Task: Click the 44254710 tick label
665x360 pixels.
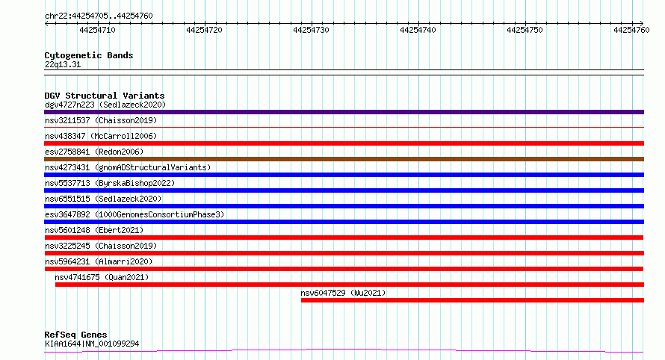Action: (x=97, y=30)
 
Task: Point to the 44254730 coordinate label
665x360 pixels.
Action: (x=311, y=30)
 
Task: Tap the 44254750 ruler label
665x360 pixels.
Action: (x=525, y=30)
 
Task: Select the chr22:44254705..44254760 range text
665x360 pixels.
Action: (x=99, y=16)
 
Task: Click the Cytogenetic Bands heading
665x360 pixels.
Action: (x=89, y=55)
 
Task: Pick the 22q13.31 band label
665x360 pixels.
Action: (x=63, y=64)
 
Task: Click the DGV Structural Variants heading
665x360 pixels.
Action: (x=105, y=96)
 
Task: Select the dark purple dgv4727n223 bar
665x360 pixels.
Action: (x=344, y=112)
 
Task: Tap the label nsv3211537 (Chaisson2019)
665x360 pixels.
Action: (x=101, y=120)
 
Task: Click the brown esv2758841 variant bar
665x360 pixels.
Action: (x=344, y=159)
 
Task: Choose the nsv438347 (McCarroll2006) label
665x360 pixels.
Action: (x=101, y=136)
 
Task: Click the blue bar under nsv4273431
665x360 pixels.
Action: (x=344, y=175)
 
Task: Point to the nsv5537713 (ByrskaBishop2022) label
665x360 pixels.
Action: (x=110, y=183)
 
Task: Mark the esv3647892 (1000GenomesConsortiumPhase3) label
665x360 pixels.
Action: (x=134, y=214)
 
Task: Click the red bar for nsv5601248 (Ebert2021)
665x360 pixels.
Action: (x=344, y=238)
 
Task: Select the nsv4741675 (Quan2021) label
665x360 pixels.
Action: (x=102, y=277)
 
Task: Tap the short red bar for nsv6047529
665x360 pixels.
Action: (x=472, y=300)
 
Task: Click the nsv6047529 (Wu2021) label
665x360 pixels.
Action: (x=343, y=293)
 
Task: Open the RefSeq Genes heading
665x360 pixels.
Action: (x=76, y=335)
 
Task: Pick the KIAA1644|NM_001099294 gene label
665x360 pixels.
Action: (x=92, y=344)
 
